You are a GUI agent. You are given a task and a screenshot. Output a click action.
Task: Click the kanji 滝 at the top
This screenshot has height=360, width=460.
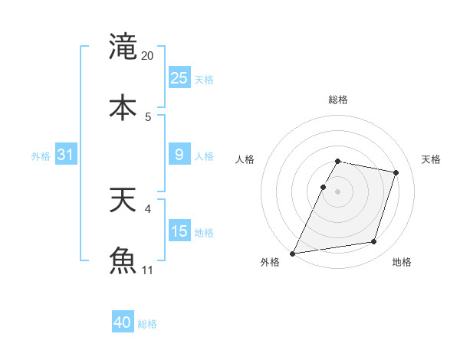point(123,46)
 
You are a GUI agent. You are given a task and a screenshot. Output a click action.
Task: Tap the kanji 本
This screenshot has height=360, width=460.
point(123,106)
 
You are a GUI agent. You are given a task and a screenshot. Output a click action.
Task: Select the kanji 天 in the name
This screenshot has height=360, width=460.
point(123,201)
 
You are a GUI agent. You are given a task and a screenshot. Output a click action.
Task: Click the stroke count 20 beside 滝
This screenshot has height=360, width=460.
point(148,56)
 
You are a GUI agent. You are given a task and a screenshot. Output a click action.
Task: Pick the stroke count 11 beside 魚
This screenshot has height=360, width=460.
point(148,270)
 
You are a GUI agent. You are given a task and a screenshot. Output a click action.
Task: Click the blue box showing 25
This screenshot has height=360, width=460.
point(179,78)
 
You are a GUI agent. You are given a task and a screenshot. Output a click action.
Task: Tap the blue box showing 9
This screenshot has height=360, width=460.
point(179,155)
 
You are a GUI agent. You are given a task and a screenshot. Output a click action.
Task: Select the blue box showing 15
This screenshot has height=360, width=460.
point(179,231)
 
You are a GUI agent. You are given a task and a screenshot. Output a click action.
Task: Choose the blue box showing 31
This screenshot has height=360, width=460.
point(66,155)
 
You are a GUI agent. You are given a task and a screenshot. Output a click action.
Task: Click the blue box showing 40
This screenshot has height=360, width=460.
point(123,323)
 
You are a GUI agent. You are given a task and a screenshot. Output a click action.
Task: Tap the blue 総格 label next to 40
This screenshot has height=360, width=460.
point(147,324)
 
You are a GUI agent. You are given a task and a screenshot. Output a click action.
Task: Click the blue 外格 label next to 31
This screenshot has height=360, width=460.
point(41,155)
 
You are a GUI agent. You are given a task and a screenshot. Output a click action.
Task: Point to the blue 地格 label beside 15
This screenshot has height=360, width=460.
point(204,232)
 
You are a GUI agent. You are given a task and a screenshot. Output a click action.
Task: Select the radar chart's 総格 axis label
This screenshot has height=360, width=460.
point(338,100)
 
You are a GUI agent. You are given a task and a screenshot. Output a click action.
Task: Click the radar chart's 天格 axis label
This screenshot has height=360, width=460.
point(432,159)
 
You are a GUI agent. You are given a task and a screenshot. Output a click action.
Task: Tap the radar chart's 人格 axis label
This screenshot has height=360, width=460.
point(245,159)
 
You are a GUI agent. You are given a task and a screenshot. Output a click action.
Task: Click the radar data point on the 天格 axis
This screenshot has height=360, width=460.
point(396,172)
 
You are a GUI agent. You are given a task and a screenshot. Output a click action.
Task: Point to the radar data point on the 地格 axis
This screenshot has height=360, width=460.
point(374,242)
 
